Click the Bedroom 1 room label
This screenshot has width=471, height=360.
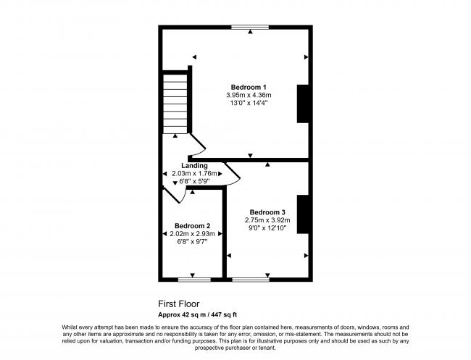(x=248, y=87)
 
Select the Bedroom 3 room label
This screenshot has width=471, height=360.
(x=267, y=212)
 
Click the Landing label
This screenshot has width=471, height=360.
(x=194, y=166)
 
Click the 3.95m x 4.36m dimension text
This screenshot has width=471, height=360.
(x=248, y=96)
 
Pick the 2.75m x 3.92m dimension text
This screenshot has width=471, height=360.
(x=267, y=220)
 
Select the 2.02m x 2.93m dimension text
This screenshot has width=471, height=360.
(x=188, y=234)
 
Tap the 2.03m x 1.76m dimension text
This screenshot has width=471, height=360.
(x=195, y=174)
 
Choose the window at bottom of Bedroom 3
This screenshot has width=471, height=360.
(x=250, y=279)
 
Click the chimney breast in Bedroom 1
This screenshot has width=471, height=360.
(x=304, y=104)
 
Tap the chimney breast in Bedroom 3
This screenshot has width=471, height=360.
(x=304, y=214)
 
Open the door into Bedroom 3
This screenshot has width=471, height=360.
(x=230, y=174)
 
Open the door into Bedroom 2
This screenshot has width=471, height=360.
(x=175, y=194)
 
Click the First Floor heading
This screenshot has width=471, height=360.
(x=179, y=304)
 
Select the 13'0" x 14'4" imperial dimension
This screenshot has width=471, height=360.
(x=248, y=104)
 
